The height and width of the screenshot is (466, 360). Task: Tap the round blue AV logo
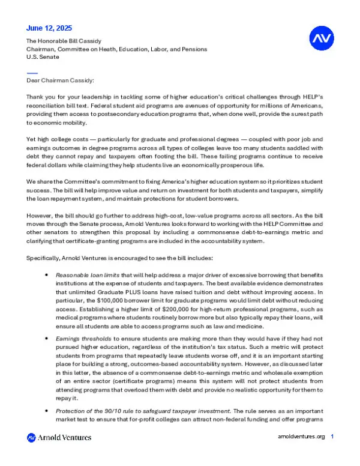(x=320, y=39)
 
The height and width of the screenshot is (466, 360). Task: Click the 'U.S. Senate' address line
(x=43, y=57)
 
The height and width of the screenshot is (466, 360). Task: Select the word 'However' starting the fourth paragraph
(x=40, y=213)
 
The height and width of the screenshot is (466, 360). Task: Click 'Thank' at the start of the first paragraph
(x=37, y=97)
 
